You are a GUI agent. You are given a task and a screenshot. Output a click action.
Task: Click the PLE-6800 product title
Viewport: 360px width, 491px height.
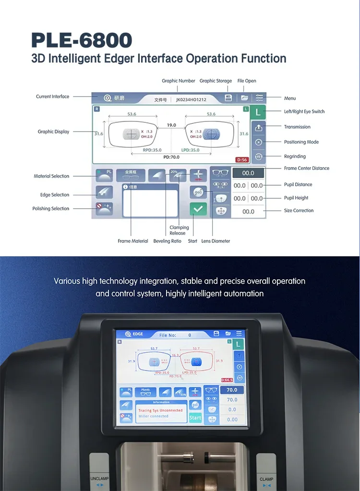click(82, 40)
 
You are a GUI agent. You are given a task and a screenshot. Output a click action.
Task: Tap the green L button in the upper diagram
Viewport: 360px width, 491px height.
click(258, 113)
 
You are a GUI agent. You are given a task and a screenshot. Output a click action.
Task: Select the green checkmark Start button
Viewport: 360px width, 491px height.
click(198, 209)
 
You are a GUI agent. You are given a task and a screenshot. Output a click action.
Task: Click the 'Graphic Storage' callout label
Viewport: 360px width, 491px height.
click(216, 81)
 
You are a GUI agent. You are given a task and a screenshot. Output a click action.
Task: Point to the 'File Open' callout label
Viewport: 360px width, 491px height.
click(247, 81)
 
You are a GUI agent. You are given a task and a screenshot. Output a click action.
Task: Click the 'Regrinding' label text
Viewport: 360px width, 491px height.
click(295, 156)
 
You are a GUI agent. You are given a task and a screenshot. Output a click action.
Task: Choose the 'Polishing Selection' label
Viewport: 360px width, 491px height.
click(51, 209)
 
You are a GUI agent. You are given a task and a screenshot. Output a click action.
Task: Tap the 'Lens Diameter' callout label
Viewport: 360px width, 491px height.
click(216, 241)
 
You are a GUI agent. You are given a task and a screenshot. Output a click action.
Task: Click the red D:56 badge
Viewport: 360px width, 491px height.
click(241, 160)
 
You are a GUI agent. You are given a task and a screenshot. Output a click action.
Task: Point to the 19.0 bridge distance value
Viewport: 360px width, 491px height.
click(171, 125)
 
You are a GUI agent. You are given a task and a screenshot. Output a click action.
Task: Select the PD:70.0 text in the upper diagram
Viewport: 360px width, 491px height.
click(171, 157)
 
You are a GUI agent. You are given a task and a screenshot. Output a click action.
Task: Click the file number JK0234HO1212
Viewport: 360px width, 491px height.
click(191, 100)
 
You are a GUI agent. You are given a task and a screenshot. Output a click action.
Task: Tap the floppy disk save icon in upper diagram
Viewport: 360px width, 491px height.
click(228, 98)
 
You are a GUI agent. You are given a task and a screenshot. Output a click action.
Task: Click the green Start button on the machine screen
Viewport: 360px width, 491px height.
click(195, 418)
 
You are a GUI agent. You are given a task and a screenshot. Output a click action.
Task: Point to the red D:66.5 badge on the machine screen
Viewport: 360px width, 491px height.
click(227, 380)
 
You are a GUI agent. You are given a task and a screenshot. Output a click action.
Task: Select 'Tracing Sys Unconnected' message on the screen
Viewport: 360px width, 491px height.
click(160, 410)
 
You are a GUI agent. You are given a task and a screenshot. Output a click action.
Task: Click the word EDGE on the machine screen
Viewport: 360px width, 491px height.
click(138, 334)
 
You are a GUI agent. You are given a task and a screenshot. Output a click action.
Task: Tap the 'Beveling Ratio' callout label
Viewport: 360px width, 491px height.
click(168, 241)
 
